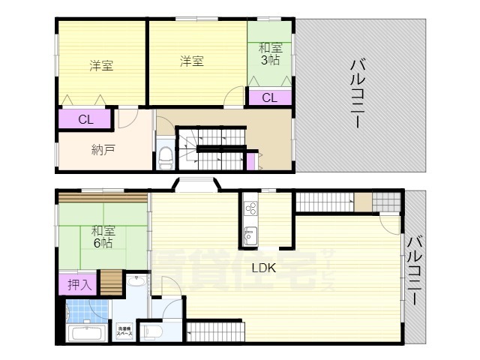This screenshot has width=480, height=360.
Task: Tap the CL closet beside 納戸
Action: click(85, 119)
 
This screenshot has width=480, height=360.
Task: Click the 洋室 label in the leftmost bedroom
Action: click(101, 65)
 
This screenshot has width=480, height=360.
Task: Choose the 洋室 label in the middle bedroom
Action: click(191, 61)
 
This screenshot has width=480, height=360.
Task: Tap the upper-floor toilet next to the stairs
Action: click(166, 155)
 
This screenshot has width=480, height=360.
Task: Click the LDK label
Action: click(263, 268)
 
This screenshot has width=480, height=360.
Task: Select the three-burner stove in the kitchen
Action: click(250, 209)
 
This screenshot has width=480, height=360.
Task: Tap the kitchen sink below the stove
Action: click(250, 235)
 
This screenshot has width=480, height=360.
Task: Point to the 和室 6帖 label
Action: click(103, 237)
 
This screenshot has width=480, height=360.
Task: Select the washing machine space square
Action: click(124, 329)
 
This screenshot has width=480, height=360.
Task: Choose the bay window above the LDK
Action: click(196, 183)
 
